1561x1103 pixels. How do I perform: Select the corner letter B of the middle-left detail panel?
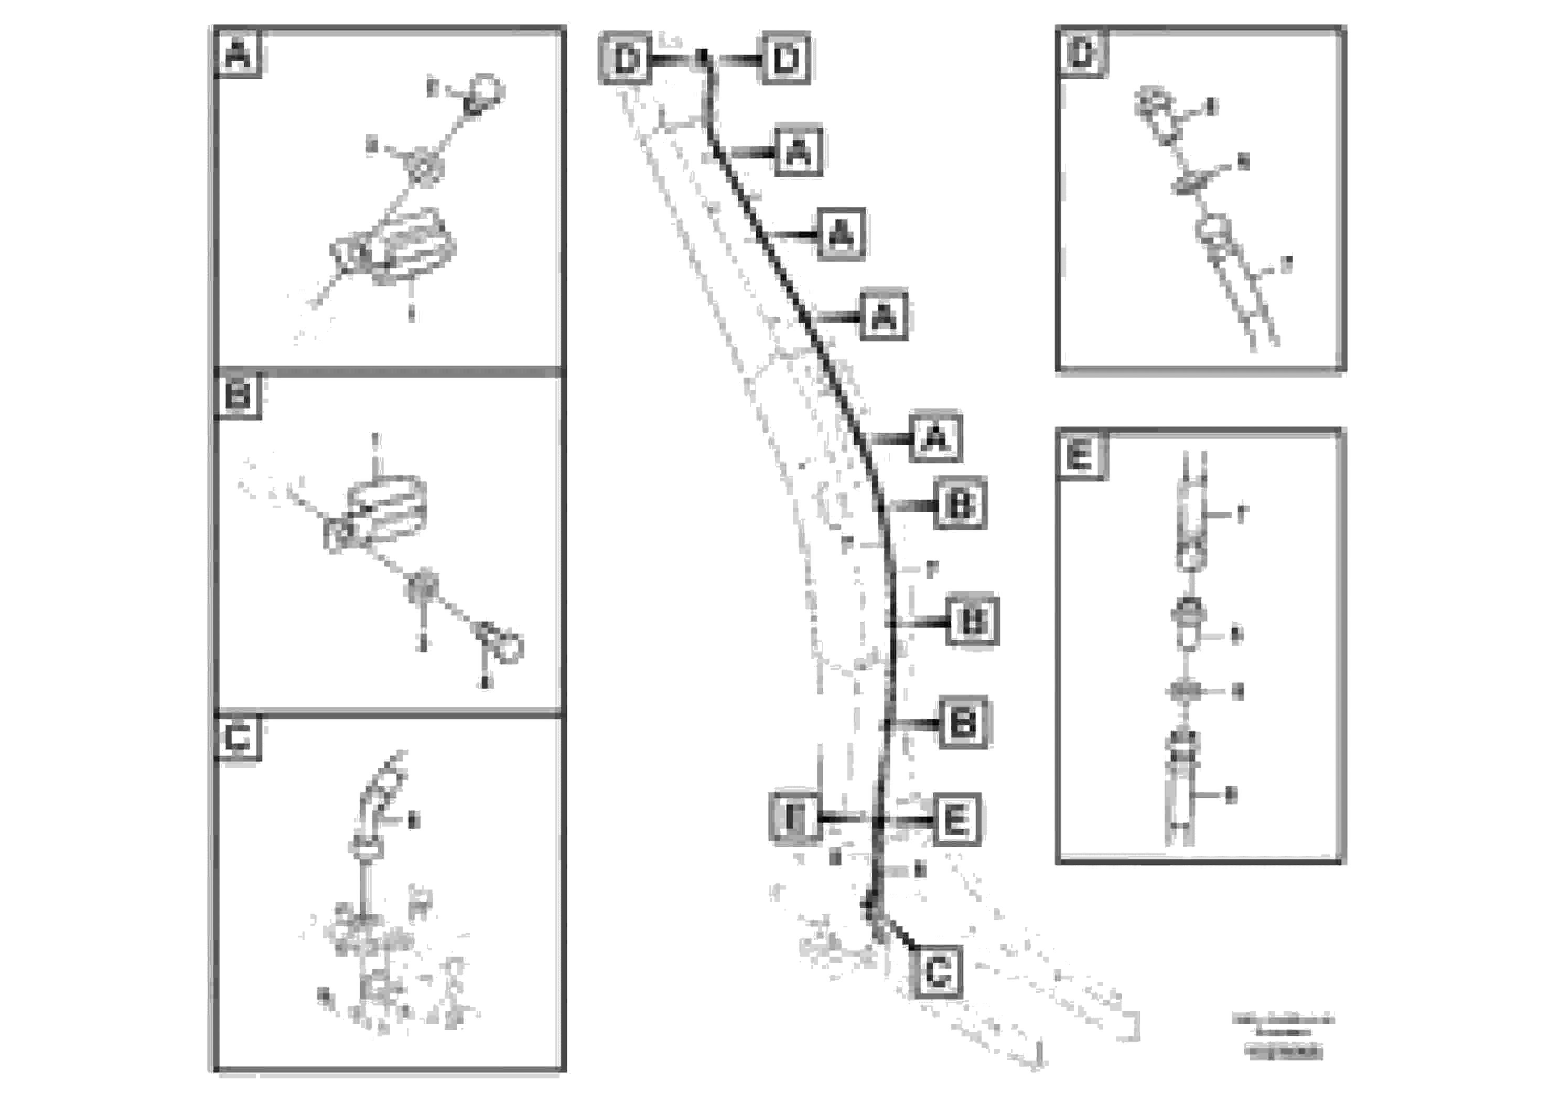coord(238,395)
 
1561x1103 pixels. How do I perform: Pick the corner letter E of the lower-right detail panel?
coord(1080,454)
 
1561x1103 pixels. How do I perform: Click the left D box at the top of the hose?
coord(624,59)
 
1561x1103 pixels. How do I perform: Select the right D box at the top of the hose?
coord(785,59)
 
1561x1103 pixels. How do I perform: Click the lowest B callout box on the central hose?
coord(963,722)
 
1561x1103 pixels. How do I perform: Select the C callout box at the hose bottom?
coord(938,972)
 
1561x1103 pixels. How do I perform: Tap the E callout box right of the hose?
coord(956,819)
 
